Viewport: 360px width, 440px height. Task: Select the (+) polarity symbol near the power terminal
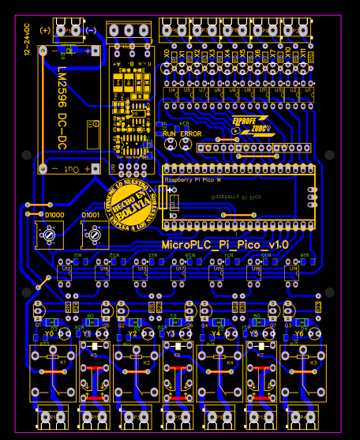coord(45,30)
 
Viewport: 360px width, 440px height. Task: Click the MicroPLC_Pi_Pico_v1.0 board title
coord(225,246)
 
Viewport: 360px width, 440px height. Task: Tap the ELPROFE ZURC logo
coord(249,126)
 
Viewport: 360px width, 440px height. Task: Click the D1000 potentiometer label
coord(54,215)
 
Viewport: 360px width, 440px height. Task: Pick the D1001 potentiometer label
coord(91,215)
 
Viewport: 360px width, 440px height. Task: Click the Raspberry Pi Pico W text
coord(193,181)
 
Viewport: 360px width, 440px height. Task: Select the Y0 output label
coord(50,333)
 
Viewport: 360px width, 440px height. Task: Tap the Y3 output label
coord(171,333)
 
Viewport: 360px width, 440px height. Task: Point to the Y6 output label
coord(298,333)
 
